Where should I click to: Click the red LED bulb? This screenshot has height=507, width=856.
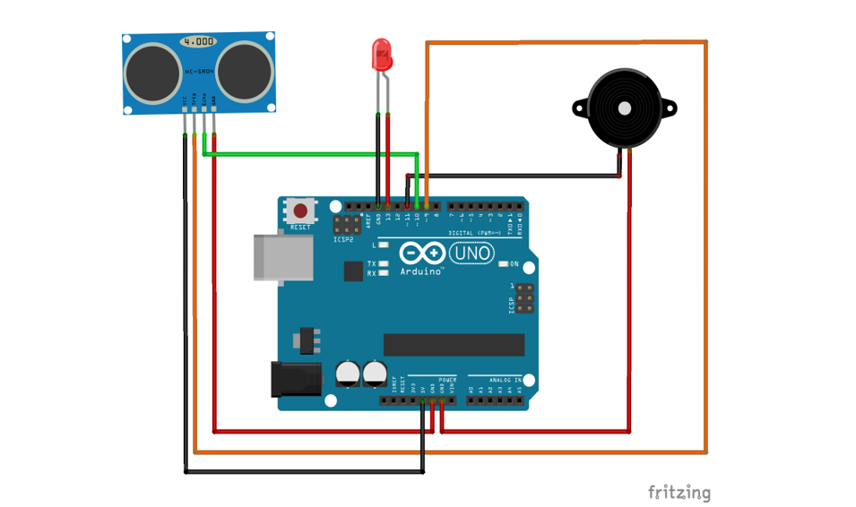pos(382,55)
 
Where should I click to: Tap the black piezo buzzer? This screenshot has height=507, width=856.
pos(625,108)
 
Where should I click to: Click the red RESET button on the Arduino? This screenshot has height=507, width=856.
pos(300,211)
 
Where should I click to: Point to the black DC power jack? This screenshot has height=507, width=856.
pos(296,378)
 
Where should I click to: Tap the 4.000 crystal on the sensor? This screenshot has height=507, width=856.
pos(198,41)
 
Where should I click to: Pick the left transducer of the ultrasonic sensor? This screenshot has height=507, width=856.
pos(153,72)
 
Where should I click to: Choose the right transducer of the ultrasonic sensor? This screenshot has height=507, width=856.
pos(243,72)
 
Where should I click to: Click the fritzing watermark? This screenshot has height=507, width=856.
pos(679,492)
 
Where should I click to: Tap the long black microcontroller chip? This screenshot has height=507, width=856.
pos(454,344)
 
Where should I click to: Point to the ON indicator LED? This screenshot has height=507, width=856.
pos(503,264)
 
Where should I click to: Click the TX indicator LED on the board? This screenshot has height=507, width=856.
pos(384,264)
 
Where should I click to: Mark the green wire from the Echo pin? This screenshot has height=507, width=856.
pos(314,154)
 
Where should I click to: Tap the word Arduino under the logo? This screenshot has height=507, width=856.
pos(421,271)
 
